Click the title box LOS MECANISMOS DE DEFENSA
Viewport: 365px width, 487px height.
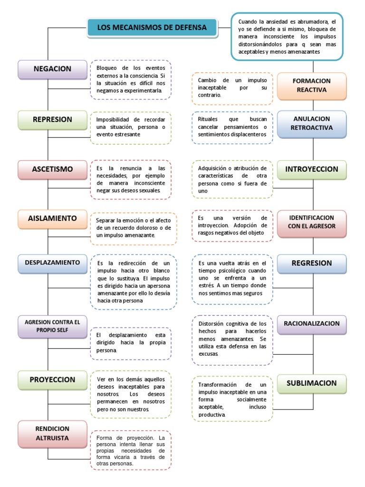tap(152, 27)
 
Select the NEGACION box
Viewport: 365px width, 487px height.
tap(52, 69)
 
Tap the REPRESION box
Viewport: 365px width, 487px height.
tap(52, 119)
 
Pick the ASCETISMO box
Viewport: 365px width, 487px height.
tap(52, 169)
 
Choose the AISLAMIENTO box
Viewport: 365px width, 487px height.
tap(52, 219)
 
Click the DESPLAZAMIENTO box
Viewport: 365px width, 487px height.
tap(52, 263)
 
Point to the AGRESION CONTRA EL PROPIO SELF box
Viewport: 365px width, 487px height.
tap(52, 326)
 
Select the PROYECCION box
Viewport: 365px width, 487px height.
tap(52, 380)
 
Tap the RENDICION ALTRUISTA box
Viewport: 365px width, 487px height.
tap(52, 434)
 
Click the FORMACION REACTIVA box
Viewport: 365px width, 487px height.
tap(312, 86)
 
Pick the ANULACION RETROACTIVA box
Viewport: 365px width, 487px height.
tap(312, 124)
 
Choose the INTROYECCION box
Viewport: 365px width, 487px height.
tap(312, 169)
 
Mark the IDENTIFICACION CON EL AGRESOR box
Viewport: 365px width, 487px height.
tap(312, 223)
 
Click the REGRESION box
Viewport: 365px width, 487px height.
tap(312, 263)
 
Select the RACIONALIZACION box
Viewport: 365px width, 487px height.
tap(312, 324)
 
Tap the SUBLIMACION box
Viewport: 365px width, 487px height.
tap(312, 384)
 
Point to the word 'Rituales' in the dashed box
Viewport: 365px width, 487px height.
tap(208, 119)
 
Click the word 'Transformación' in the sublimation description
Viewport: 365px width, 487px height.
tap(217, 385)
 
